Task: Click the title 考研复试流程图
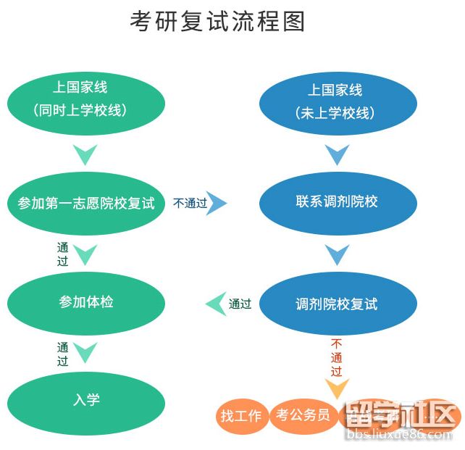217,22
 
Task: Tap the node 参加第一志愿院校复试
86,202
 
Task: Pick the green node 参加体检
86,301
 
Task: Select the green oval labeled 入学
86,399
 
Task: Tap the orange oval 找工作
241,416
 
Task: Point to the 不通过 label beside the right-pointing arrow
190,204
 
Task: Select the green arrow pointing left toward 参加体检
216,304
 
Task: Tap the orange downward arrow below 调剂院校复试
336,388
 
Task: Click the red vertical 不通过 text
336,357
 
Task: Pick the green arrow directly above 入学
85,353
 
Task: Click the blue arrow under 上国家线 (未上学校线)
336,154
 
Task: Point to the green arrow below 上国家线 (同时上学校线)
85,154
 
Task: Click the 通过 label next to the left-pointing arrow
240,304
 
